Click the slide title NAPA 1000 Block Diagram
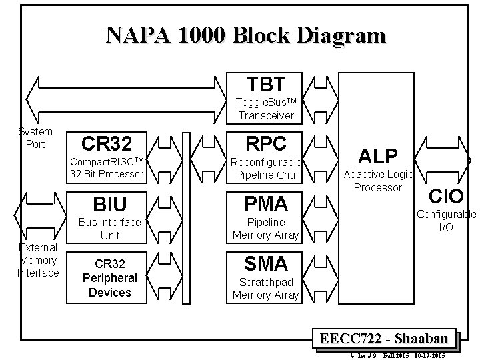(x=245, y=35)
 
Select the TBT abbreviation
(x=265, y=84)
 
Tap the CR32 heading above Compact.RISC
(x=106, y=143)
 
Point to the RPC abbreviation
(x=265, y=143)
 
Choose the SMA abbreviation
(x=265, y=263)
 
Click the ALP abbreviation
(x=377, y=155)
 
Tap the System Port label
(x=35, y=138)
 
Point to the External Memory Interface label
(x=38, y=260)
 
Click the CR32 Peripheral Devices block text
(x=110, y=277)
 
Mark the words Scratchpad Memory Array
(x=265, y=288)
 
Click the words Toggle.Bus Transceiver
(x=265, y=109)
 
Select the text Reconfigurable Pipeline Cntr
(x=265, y=169)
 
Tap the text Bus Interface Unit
(x=110, y=228)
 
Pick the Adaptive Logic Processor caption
(x=378, y=181)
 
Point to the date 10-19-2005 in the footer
(x=432, y=355)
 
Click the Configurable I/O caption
(x=446, y=221)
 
